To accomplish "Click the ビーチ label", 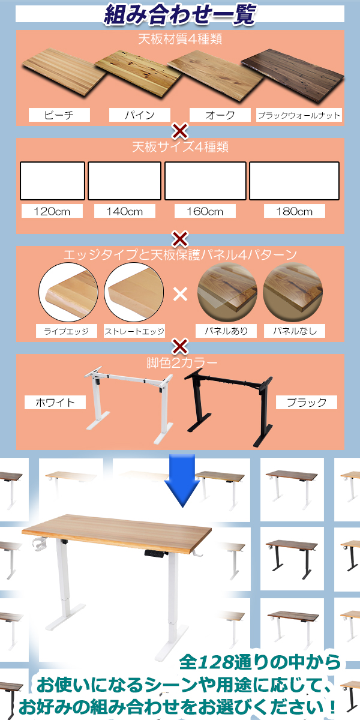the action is [59, 115].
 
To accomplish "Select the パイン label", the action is [139, 115].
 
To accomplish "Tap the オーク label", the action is [220, 115].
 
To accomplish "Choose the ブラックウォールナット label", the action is [299, 115].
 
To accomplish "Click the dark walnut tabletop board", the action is [293, 76].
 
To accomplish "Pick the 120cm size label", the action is [52, 211].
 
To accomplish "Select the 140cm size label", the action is [125, 211].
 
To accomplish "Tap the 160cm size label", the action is [205, 211].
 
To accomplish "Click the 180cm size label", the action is [295, 211].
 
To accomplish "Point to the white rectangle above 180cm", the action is [294, 181].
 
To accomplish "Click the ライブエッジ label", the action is [66, 331].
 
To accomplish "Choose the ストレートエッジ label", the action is [134, 331].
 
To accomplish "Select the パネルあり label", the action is [226, 331].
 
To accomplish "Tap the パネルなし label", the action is [295, 331].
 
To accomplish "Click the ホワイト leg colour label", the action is [55, 402].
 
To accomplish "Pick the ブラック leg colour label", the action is [307, 402].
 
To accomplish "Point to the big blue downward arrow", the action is [182, 481].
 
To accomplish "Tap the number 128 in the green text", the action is [215, 662].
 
